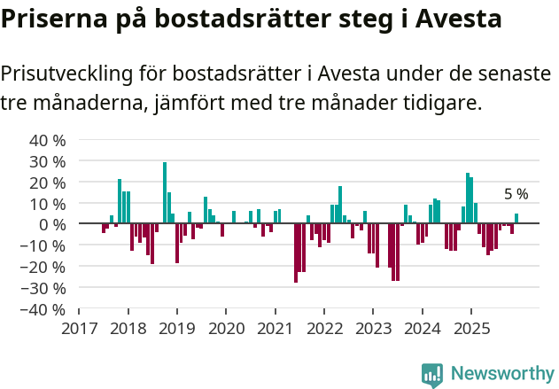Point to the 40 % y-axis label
coord(48,140)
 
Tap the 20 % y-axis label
coord(48,183)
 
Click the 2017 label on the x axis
coord(79,328)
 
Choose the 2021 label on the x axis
coord(275,328)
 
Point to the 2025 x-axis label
coord(470,328)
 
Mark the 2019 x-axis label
coord(176,328)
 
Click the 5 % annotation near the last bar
coord(516,194)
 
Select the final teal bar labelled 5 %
coord(516,218)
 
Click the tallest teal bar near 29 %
coord(165,192)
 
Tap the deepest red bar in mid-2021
coord(296,253)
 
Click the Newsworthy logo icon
coord(432,374)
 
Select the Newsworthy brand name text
coord(502,374)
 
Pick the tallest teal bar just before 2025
coord(468,198)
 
